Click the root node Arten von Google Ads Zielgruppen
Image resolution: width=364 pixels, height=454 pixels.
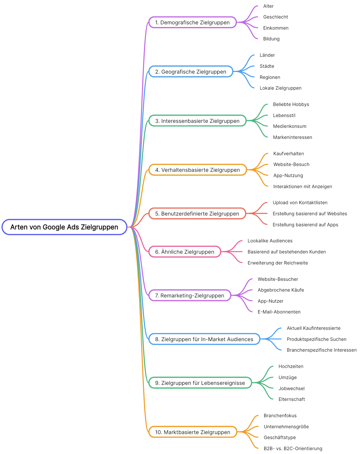click(64, 227)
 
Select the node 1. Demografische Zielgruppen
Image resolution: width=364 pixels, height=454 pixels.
click(192, 22)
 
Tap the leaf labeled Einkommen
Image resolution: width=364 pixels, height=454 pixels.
click(276, 28)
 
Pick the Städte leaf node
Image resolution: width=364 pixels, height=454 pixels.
click(267, 66)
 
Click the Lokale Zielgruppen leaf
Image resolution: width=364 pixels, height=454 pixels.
click(280, 88)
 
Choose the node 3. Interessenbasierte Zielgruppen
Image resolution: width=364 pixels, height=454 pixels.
click(197, 121)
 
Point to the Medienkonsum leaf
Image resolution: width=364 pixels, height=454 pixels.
click(289, 126)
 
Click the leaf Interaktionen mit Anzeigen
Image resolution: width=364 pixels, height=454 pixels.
click(302, 186)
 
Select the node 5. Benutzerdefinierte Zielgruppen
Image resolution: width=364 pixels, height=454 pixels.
click(197, 214)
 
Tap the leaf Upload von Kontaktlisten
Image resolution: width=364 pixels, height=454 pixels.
click(300, 203)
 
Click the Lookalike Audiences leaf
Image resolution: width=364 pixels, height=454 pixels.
click(270, 241)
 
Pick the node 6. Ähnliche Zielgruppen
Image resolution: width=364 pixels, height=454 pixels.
click(185, 252)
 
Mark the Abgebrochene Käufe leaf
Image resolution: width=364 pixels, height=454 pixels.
click(281, 290)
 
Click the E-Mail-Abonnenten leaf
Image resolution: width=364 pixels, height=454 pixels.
click(279, 312)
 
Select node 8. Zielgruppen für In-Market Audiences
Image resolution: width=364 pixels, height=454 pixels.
click(204, 339)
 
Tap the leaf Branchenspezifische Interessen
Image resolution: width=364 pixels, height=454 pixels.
click(321, 350)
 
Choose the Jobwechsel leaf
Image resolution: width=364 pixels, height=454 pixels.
click(291, 388)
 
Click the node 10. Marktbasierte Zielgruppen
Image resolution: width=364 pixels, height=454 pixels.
click(193, 432)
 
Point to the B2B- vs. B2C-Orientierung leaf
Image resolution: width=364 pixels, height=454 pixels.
click(293, 448)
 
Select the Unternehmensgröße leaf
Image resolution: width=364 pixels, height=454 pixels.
click(286, 427)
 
